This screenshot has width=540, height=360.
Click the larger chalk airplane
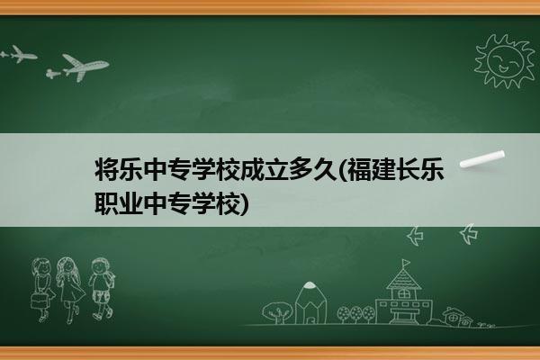pos(83,67)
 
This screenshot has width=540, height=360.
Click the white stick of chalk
pos(482,159)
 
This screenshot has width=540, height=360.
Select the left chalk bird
pos(415,236)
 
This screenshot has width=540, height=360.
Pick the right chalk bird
pos(469,234)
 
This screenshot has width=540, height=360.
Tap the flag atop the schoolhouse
pos(407,263)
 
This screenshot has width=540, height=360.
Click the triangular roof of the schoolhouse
pos(403,279)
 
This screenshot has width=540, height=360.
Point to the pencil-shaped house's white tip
pos(310,285)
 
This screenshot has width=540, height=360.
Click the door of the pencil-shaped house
pos(310,319)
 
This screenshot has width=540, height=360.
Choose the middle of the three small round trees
pos(356,313)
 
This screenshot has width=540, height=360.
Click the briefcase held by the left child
pos(39,301)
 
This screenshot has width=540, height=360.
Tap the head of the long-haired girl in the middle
pos(67,266)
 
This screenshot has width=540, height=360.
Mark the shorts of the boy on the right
pos(101,296)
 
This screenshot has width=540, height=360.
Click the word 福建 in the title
pos(371,169)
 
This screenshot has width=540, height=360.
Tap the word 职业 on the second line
pos(119,202)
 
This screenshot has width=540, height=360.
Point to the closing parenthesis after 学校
pos(244,203)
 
